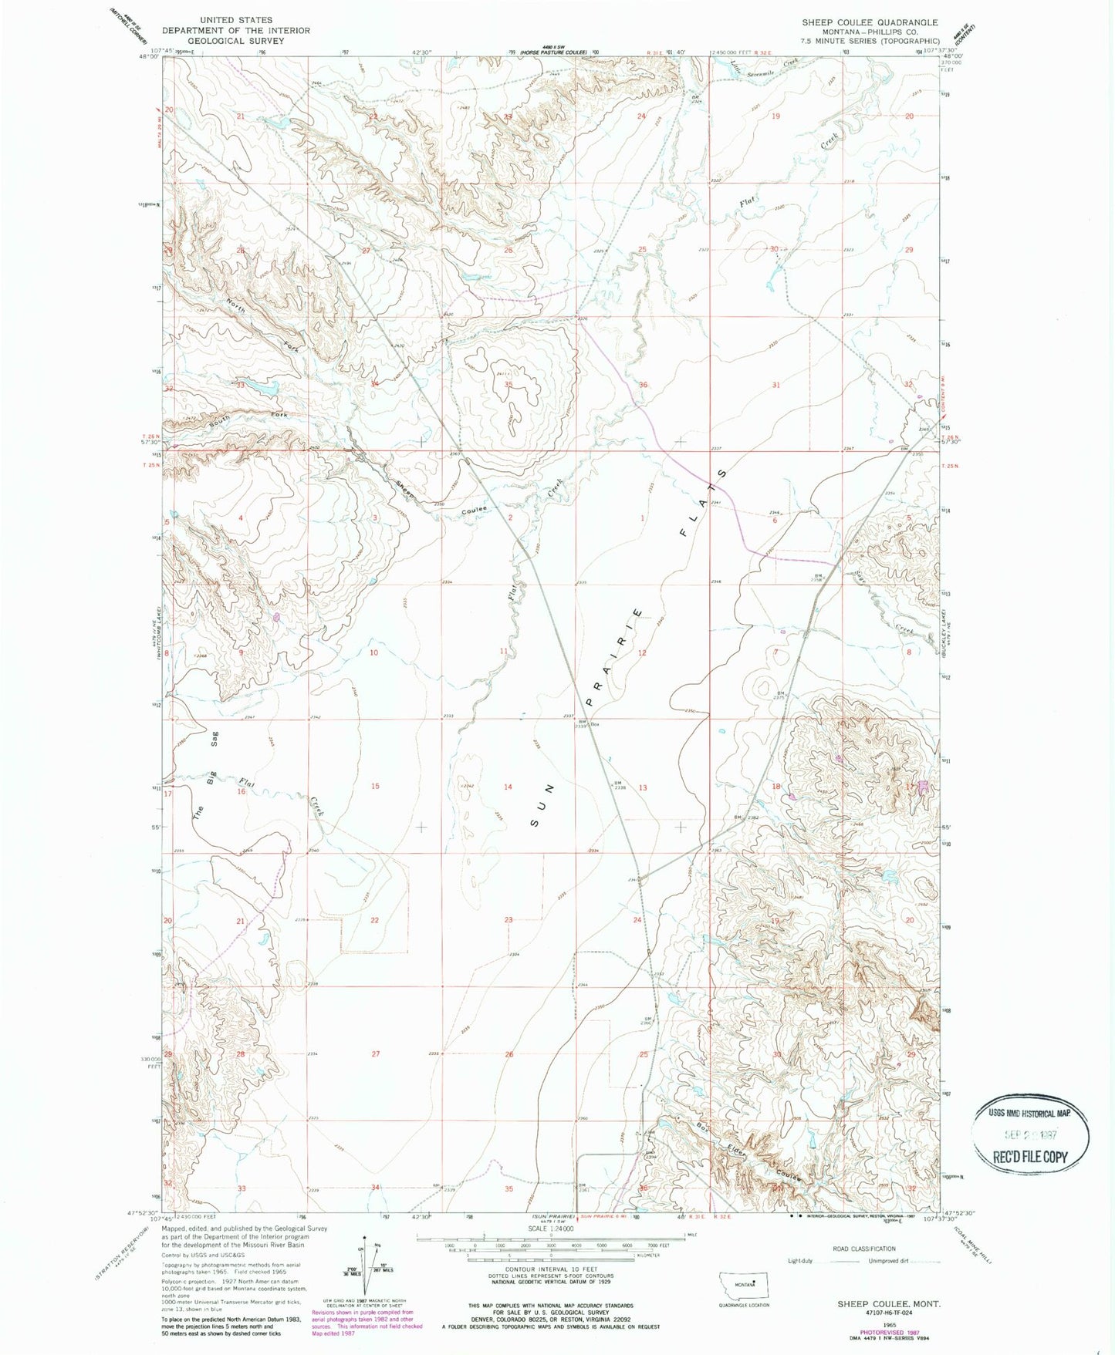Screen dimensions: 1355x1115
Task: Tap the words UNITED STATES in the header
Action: coord(235,20)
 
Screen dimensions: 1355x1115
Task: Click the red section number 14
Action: coord(508,787)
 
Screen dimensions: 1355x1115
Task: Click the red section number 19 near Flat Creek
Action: coord(775,116)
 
